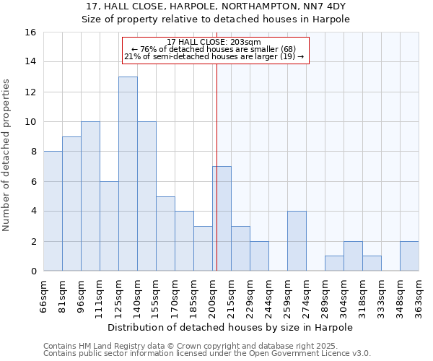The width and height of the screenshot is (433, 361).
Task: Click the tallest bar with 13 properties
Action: (x=128, y=174)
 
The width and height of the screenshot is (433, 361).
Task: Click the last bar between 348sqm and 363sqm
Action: (x=409, y=256)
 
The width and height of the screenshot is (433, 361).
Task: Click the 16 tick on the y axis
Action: (x=31, y=32)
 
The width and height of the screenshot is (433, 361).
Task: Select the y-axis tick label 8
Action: (x=33, y=152)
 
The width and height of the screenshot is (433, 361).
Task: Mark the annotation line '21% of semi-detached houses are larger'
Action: (x=214, y=56)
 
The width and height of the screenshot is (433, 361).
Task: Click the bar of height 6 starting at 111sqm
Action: (x=109, y=226)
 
